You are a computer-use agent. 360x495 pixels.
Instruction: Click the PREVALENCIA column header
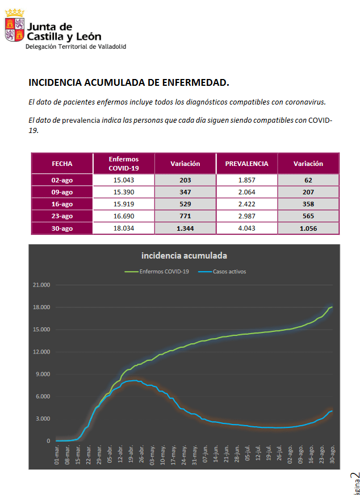tap(246, 164)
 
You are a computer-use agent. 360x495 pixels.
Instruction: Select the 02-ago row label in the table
tap(62, 180)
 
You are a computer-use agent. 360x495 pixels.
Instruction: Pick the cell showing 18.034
tap(123, 228)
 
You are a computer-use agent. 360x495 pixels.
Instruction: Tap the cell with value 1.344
tap(185, 228)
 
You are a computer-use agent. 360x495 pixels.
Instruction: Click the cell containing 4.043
tap(246, 228)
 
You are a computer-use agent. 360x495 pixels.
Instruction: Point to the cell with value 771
tap(185, 216)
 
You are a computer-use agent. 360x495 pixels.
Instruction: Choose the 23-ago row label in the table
tap(62, 216)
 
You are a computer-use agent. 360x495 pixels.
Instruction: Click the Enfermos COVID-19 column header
tap(123, 164)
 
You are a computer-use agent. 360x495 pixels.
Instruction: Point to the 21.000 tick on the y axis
tap(41, 285)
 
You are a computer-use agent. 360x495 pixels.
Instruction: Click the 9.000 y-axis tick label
tap(43, 375)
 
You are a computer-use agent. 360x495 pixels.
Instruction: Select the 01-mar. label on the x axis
tap(56, 455)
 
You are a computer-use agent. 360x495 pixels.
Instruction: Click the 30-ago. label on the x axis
tap(332, 455)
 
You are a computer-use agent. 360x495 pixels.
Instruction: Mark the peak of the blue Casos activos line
tap(134, 380)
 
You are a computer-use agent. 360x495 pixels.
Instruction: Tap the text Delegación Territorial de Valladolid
tap(76, 46)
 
